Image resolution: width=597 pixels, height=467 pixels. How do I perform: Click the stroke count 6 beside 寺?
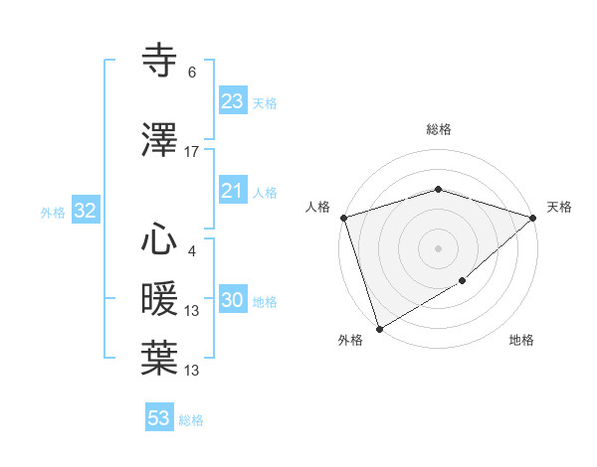click(192, 73)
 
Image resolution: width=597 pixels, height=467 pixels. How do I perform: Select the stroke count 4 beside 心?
click(192, 250)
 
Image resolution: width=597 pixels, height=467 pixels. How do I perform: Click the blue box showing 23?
click(232, 101)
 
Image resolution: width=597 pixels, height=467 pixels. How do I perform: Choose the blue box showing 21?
click(232, 191)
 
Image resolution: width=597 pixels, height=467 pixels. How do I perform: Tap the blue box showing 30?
click(232, 300)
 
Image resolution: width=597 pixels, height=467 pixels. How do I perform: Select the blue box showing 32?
click(85, 211)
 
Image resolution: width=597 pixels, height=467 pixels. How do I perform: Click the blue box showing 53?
click(159, 418)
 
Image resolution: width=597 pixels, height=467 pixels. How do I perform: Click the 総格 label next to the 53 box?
click(191, 420)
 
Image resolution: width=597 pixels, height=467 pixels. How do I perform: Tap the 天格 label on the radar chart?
click(559, 207)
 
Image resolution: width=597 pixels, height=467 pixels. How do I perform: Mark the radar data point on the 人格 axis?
click(343, 218)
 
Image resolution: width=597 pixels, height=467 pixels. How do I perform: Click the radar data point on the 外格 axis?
click(379, 328)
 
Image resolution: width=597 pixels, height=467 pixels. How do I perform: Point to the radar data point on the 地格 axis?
click(463, 281)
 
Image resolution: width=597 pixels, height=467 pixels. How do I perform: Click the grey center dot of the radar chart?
click(438, 247)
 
